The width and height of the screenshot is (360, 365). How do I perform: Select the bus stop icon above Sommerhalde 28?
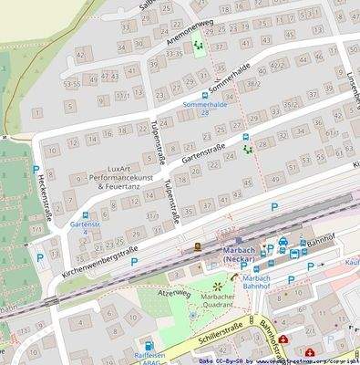click(205, 94)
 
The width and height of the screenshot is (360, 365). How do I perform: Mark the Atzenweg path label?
click(173, 295)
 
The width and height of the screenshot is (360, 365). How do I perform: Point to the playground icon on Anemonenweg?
click(196, 44)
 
